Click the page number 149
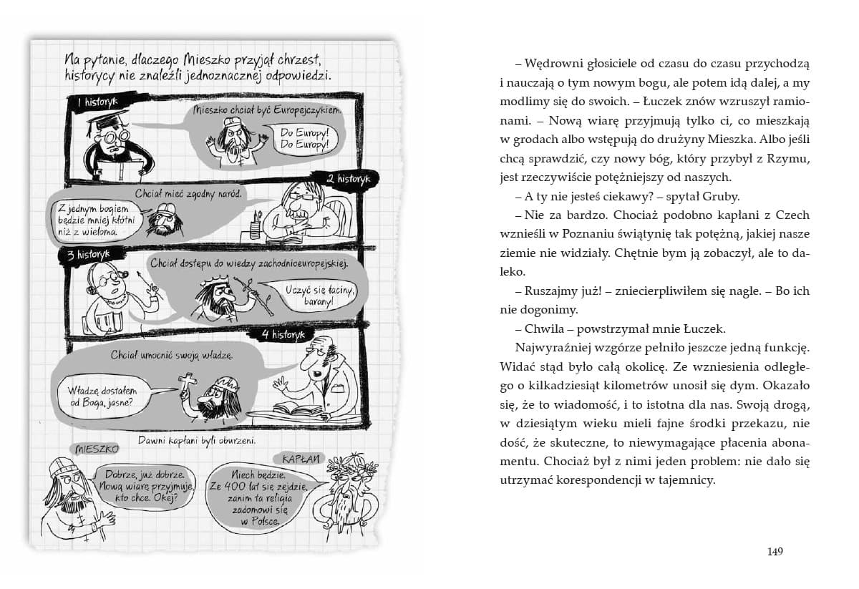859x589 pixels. click(775, 551)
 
